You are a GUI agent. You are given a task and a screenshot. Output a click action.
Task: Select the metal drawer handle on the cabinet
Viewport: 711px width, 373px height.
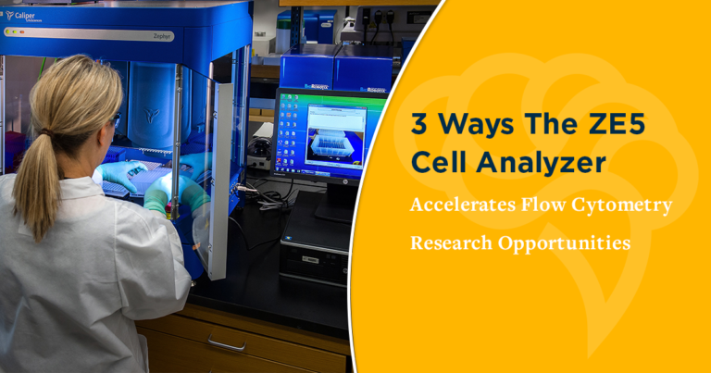point(227,343)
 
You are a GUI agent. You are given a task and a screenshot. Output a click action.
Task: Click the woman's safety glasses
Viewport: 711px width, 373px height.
point(116,119)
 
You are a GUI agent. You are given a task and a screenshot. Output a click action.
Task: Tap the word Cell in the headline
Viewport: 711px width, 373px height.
point(443,163)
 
